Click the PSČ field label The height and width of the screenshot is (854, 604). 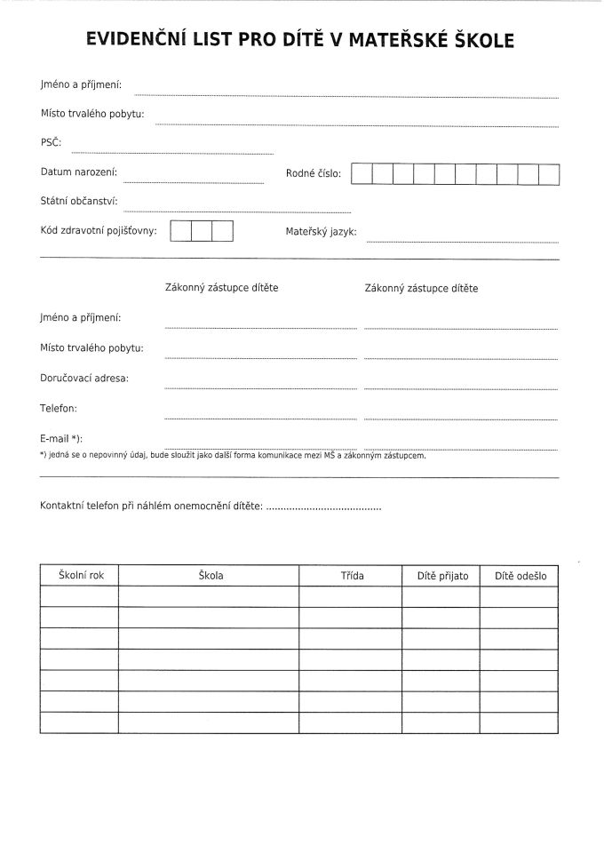click(51, 142)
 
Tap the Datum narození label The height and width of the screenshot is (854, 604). click(79, 172)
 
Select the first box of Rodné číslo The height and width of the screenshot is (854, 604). click(362, 174)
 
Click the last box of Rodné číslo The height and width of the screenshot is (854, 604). click(549, 174)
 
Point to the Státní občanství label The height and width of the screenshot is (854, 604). click(79, 202)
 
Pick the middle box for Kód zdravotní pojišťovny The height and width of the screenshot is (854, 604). click(202, 231)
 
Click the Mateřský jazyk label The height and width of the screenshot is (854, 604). click(321, 231)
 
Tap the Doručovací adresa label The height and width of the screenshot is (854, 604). click(84, 378)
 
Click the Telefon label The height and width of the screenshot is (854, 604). click(59, 408)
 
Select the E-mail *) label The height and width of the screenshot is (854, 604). click(61, 439)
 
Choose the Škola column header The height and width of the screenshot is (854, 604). click(211, 576)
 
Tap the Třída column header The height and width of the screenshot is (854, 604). click(352, 576)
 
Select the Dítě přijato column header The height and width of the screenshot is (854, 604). click(442, 576)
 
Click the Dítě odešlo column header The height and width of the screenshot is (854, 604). click(521, 576)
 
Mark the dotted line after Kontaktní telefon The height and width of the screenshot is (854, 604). click(323, 507)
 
